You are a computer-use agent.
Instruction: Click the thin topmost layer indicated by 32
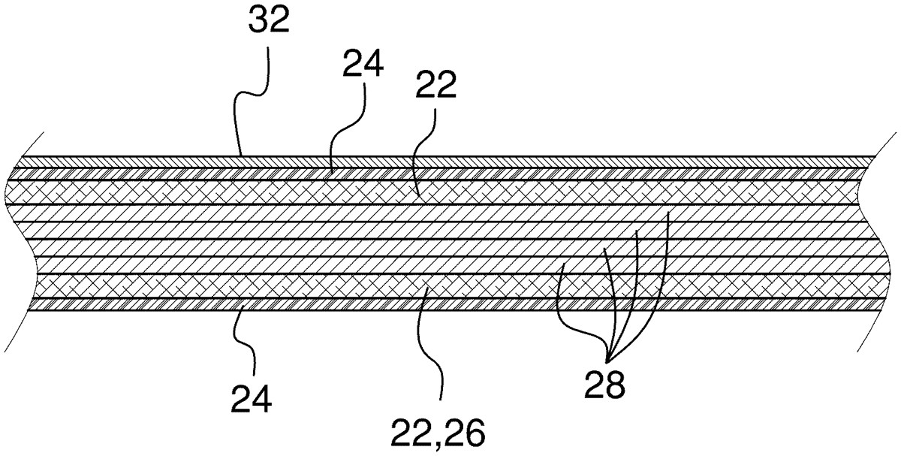(450, 161)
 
